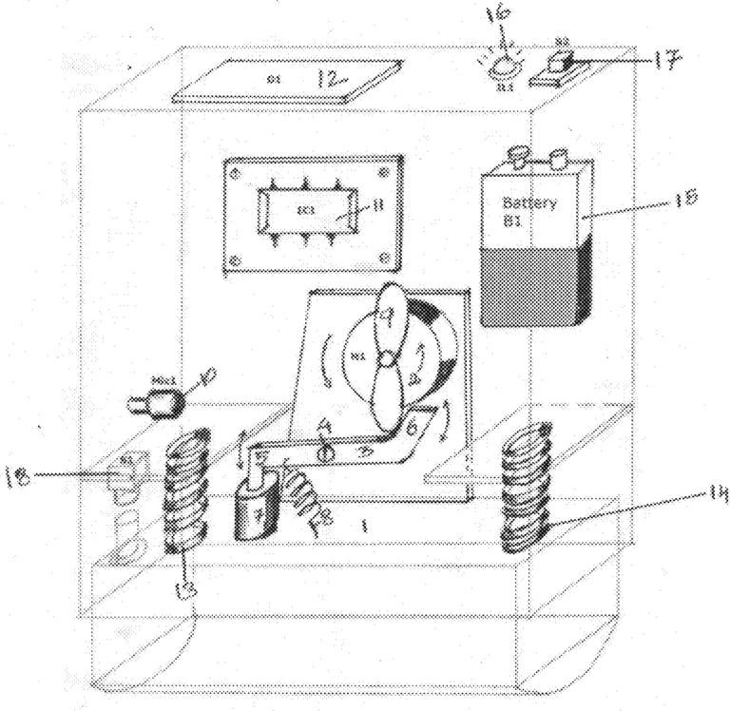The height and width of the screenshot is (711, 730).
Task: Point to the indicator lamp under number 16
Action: (501, 68)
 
